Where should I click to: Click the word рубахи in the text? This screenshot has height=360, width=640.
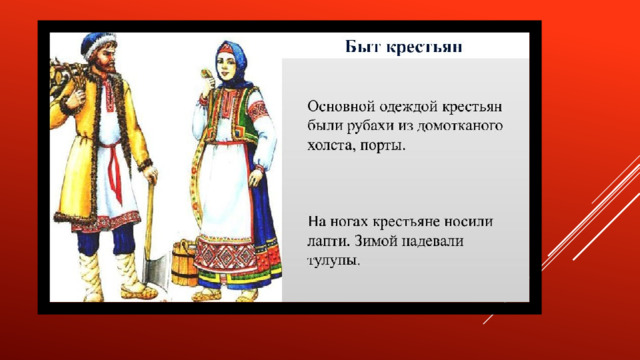click(x=370, y=126)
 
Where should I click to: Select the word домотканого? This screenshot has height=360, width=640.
click(x=460, y=126)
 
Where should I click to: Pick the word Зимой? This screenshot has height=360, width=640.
click(x=373, y=241)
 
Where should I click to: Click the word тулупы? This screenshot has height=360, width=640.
click(x=333, y=261)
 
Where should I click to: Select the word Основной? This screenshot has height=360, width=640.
click(x=341, y=107)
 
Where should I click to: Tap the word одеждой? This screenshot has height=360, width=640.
click(x=409, y=107)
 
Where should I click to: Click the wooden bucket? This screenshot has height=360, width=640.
click(x=184, y=263)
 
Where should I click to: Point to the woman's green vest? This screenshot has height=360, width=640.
click(x=245, y=118)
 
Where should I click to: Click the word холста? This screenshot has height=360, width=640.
click(x=332, y=146)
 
